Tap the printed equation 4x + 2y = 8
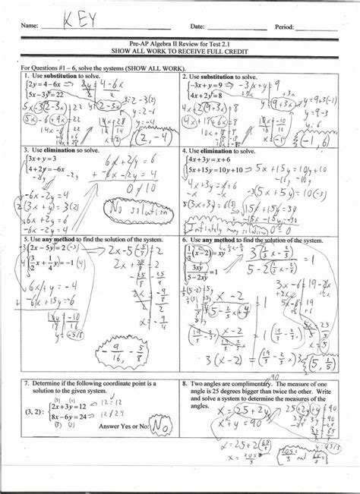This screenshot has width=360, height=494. coord(205,96)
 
